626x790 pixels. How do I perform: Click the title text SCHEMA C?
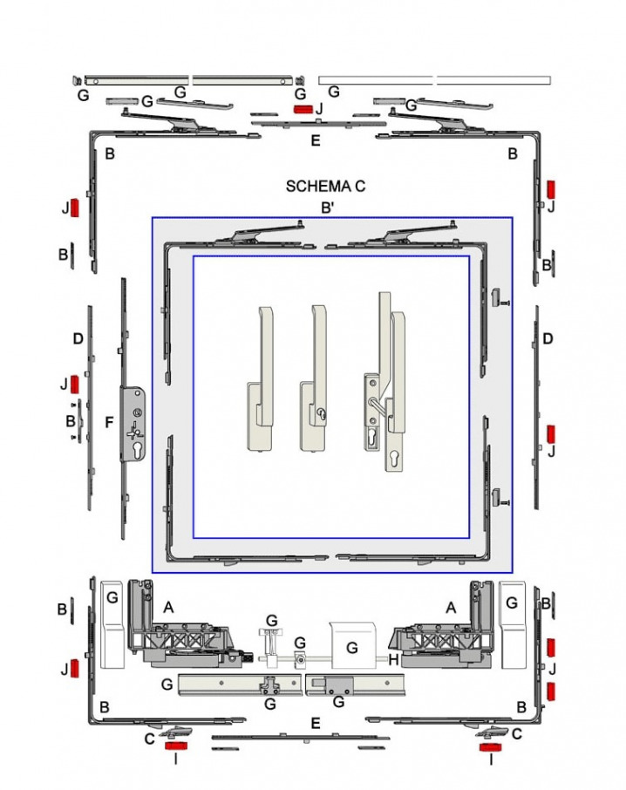[325, 187]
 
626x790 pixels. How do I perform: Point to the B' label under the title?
[327, 208]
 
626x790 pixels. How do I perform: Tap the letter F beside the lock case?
[109, 422]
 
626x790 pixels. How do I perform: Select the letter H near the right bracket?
[393, 660]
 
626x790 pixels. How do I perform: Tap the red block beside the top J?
[303, 109]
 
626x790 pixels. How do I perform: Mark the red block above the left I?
[177, 746]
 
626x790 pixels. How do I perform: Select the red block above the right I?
[487, 746]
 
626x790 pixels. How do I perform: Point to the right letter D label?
[548, 338]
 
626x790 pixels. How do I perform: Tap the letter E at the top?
[316, 140]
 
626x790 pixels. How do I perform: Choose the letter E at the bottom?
[316, 723]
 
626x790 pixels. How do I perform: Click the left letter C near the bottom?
[149, 738]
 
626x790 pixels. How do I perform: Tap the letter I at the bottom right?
[492, 760]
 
